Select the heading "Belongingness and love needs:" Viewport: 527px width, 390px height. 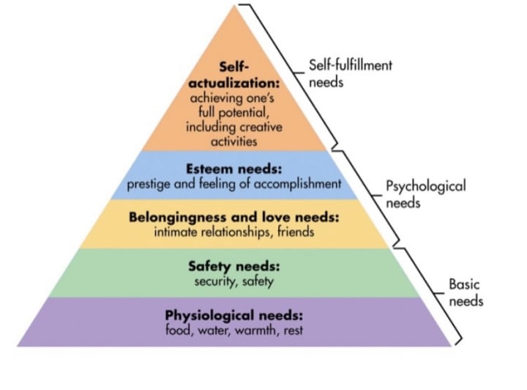click(234, 218)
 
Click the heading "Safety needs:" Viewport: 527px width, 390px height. click(234, 266)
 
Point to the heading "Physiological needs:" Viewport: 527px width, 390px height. click(234, 316)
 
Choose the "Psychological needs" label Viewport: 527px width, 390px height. click(425, 194)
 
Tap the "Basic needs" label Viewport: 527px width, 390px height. click(466, 292)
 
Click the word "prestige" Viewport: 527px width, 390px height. click(149, 183)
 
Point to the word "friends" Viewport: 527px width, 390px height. click(295, 232)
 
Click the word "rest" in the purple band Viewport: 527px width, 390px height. click(291, 330)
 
